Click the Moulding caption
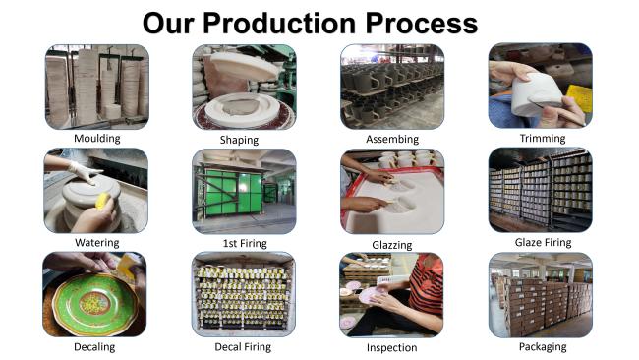pyautogui.click(x=96, y=139)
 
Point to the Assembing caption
pyautogui.click(x=391, y=140)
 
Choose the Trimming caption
pyautogui.click(x=542, y=139)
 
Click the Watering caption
pyautogui.click(x=96, y=242)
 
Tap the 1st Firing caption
pyautogui.click(x=244, y=242)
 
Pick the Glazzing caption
pyautogui.click(x=391, y=244)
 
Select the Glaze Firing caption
pyautogui.click(x=542, y=242)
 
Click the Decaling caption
pyautogui.click(x=94, y=346)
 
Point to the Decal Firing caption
pyautogui.click(x=243, y=346)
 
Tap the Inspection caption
pyautogui.click(x=391, y=347)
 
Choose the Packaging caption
pyautogui.click(x=542, y=346)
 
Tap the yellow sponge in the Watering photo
pyautogui.click(x=102, y=201)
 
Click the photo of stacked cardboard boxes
pyautogui.click(x=540, y=295)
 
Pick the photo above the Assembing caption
pyautogui.click(x=391, y=87)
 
